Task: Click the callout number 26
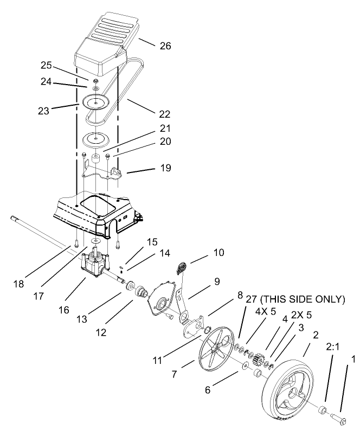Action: point(165,46)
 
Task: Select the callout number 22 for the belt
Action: point(165,114)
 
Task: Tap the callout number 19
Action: point(165,168)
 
